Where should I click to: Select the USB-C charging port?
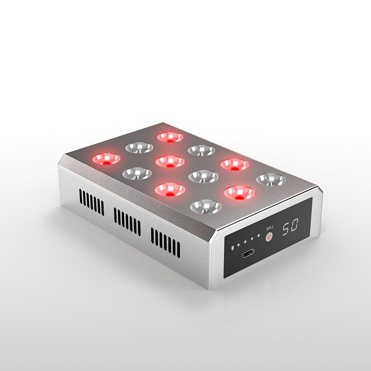pyautogui.click(x=248, y=254)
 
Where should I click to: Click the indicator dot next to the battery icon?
pyautogui.click(x=238, y=245)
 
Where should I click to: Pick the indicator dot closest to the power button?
pyautogui.click(x=258, y=236)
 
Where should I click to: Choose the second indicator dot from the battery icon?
pyautogui.click(x=245, y=242)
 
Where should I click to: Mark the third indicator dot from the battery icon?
pyautogui.click(x=252, y=239)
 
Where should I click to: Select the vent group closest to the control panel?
pyautogui.click(x=165, y=244)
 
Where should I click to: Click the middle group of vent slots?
pyautogui.click(x=127, y=222)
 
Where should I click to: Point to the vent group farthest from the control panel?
pyautogui.click(x=92, y=202)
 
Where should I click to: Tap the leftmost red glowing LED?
pyautogui.click(x=106, y=159)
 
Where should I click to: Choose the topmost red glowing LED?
pyautogui.click(x=170, y=137)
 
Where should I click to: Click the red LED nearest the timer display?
pyautogui.click(x=239, y=193)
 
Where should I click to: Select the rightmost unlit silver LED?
pyautogui.click(x=271, y=180)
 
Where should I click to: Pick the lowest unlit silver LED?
pyautogui.click(x=206, y=207)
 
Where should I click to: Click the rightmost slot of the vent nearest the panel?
pyautogui.click(x=178, y=250)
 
